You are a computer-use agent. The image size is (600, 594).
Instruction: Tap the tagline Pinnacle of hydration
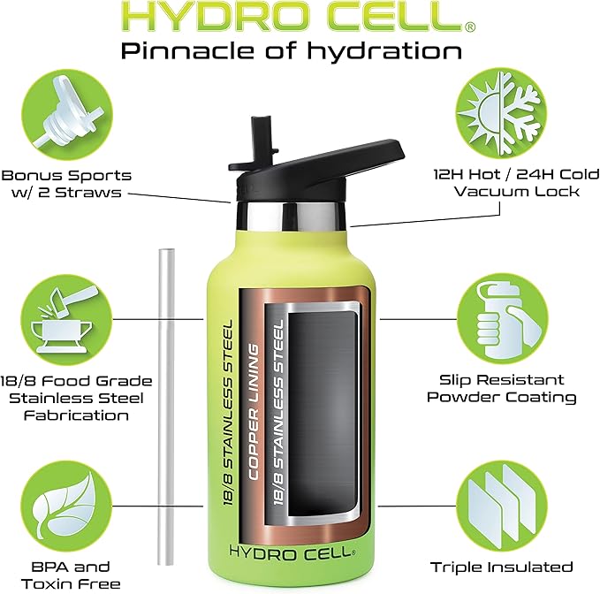pos(292,50)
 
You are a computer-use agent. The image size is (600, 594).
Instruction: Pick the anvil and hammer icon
pos(66,314)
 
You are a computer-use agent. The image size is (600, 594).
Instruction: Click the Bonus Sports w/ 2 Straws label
pos(67,184)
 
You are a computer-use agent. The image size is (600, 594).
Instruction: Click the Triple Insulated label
pos(501,567)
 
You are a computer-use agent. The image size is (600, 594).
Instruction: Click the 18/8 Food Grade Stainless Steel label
pos(74,398)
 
